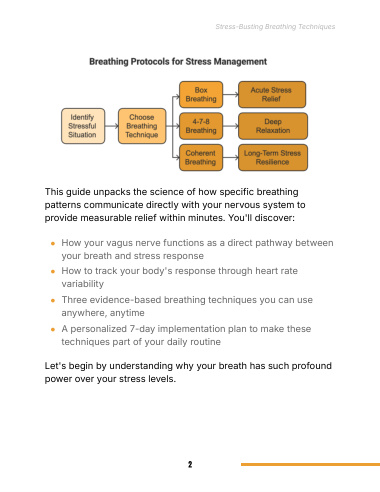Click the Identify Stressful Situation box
[83, 126]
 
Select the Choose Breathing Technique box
[142, 126]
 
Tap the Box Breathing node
[201, 95]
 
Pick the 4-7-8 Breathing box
[201, 126]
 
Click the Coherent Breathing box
[201, 158]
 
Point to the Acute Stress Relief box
[272, 95]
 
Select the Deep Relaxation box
[273, 126]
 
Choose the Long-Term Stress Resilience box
[273, 158]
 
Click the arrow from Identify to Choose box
[112, 126]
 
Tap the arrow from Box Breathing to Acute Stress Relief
[231, 95]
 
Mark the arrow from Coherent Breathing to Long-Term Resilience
[231, 158]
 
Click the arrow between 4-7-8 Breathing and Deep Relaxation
[231, 126]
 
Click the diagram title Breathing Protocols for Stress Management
[178, 62]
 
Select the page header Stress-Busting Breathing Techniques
[275, 27]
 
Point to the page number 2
[190, 464]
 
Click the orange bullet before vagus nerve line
[53, 244]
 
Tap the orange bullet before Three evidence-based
[53, 301]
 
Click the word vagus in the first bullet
[120, 243]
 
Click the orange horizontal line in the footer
[310, 464]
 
